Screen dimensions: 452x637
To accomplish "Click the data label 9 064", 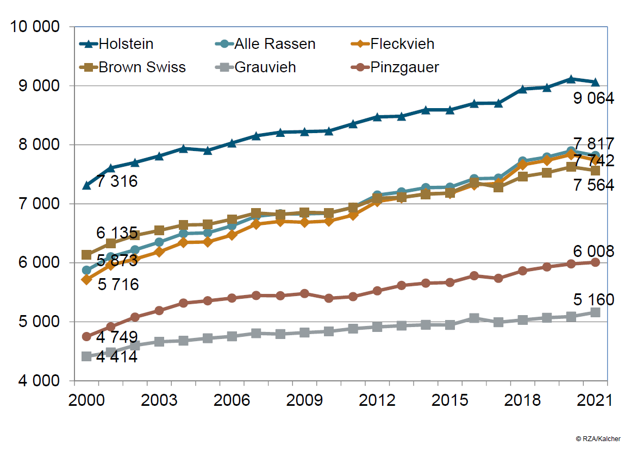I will click(x=594, y=98).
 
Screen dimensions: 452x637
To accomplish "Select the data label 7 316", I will click(x=117, y=181).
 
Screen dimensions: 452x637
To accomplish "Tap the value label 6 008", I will click(x=594, y=251).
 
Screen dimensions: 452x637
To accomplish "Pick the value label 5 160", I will click(x=594, y=299).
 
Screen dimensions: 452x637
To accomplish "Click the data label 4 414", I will click(x=117, y=357).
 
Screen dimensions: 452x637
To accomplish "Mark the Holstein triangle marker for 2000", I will click(x=86, y=186).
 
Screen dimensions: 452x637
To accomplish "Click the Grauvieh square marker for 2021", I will click(x=595, y=312).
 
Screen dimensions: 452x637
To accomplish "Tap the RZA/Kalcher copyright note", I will click(x=598, y=438).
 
